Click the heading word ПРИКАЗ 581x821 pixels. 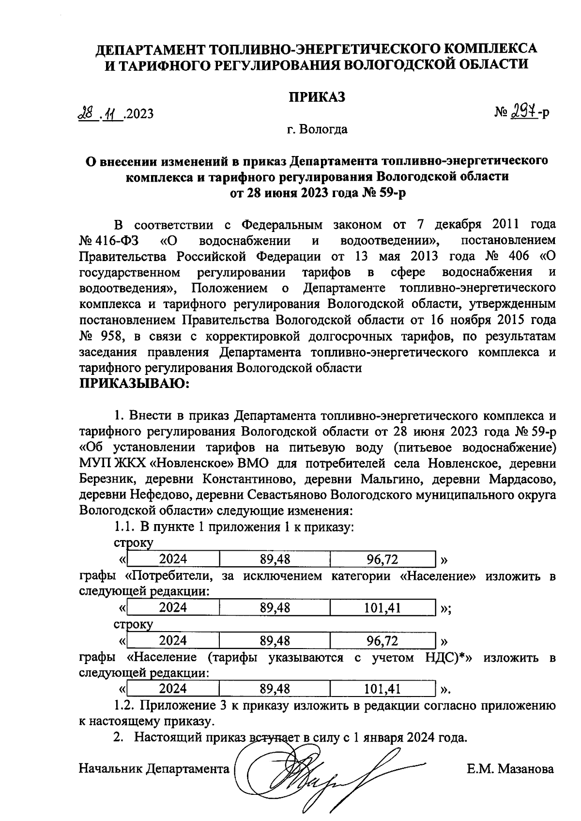tap(317, 97)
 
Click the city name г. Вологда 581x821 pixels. tap(317, 130)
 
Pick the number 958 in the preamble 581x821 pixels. tap(112, 336)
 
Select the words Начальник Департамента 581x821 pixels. tap(154, 769)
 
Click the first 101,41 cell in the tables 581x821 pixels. tap(382, 608)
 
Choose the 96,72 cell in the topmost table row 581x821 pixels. tap(382, 560)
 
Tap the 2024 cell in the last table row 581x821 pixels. tap(173, 689)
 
